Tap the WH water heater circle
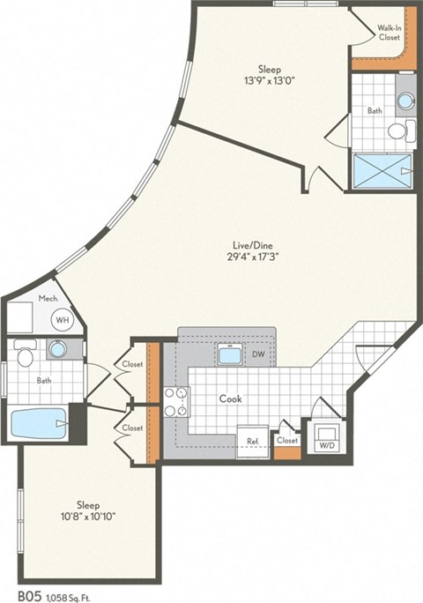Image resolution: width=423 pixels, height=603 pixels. (x=62, y=320)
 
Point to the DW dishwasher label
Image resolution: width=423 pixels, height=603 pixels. (x=259, y=354)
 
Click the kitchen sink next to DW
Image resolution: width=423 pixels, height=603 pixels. (x=230, y=354)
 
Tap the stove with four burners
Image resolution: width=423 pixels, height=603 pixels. (x=175, y=401)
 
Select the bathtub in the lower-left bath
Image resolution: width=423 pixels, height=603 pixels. (x=40, y=423)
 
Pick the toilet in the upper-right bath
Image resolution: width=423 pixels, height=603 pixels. (x=397, y=131)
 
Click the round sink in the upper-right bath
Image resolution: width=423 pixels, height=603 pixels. (x=404, y=100)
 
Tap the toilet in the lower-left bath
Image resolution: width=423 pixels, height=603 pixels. (x=25, y=356)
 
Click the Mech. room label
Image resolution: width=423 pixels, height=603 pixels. (x=48, y=300)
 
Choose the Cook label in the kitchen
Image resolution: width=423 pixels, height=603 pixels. (x=232, y=398)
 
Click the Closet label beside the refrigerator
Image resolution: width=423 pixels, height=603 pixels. (x=286, y=439)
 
